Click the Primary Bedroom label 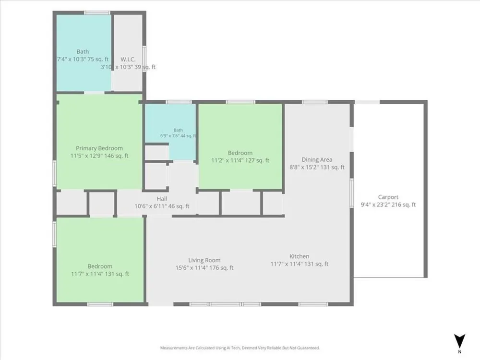(99, 148)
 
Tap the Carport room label (388, 197)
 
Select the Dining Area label (317, 159)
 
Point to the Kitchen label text (300, 256)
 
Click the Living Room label (204, 260)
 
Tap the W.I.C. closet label (128, 60)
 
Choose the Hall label (162, 199)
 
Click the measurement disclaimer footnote (240, 348)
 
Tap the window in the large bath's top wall (97, 13)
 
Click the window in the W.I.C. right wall (144, 59)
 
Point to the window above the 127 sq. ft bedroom (240, 102)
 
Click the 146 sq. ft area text (117, 156)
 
